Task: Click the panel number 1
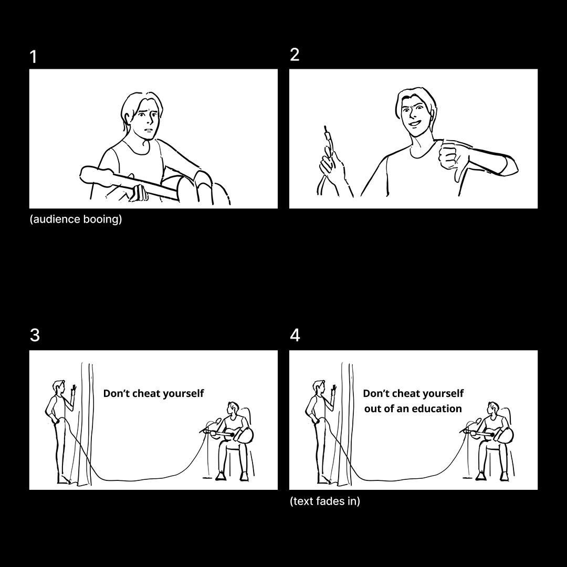coord(33,57)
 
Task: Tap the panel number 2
coord(295,55)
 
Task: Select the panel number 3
coord(35,335)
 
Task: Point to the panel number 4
coord(295,335)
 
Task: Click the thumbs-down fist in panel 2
coord(452,160)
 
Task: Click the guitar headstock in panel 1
coord(94,176)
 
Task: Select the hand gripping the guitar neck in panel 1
coord(138,193)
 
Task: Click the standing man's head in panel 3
coord(59,387)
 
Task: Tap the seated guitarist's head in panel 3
coord(233,408)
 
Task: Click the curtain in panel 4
coord(346,423)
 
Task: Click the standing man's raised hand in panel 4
coord(334,390)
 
